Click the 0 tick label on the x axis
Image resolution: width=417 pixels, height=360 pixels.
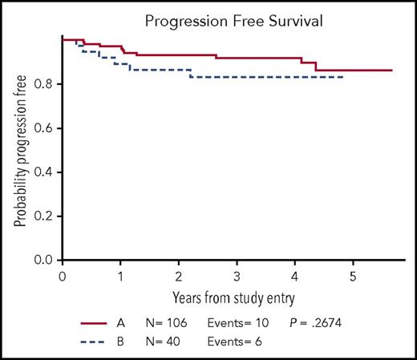tap(63, 277)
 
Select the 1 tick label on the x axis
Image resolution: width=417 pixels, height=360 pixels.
tap(120, 277)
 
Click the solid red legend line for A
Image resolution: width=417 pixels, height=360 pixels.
tap(99, 323)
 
